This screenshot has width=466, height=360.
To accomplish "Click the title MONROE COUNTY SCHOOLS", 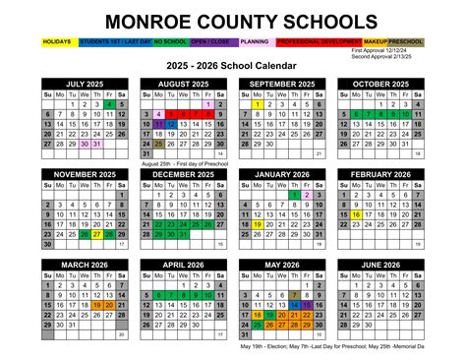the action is [233, 21].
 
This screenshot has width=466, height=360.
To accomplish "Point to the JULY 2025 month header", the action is [85, 84].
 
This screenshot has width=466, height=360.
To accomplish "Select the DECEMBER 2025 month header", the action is [183, 173].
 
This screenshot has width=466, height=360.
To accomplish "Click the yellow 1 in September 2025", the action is [257, 104].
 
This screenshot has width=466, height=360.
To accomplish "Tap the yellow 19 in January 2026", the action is [257, 224].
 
